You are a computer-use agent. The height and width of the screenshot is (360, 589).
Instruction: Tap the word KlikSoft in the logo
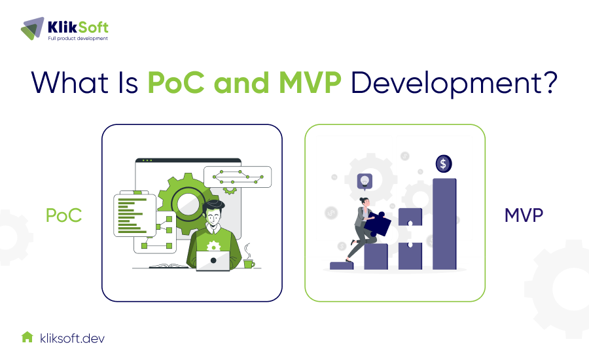78,27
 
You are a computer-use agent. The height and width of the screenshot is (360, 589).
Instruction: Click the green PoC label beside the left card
63,215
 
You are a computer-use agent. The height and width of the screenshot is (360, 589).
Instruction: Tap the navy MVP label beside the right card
524,215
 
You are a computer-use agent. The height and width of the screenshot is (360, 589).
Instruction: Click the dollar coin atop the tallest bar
444,163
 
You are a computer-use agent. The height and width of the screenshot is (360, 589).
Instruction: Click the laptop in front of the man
213,261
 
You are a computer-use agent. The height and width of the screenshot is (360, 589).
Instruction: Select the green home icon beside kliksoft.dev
27,337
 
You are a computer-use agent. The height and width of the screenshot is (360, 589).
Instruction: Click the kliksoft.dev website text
71,338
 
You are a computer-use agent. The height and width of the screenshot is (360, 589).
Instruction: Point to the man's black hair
213,210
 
